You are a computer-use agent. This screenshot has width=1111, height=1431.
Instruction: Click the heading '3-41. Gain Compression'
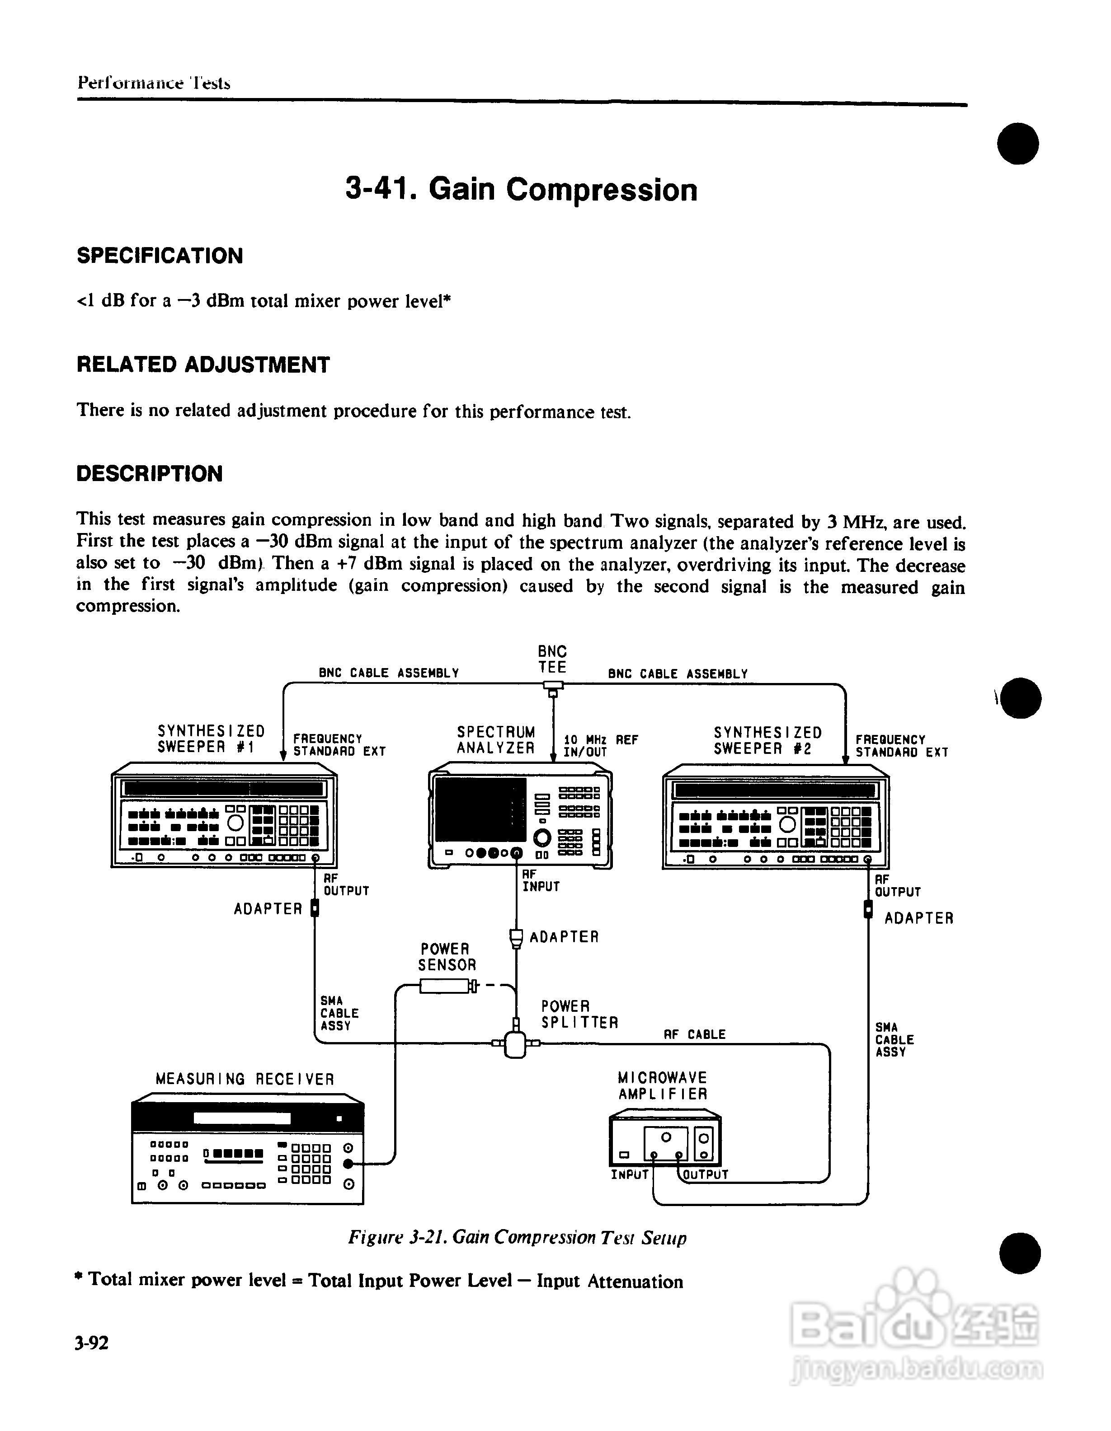521,190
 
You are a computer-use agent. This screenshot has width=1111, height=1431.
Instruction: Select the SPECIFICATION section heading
160,256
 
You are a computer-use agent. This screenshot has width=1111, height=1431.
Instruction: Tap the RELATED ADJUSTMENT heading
203,365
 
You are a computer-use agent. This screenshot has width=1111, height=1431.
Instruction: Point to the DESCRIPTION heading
150,474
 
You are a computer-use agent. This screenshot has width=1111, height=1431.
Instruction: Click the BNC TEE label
552,659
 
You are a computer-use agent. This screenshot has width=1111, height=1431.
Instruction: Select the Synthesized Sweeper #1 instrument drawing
224,816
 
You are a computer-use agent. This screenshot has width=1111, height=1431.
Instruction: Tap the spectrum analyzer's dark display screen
480,810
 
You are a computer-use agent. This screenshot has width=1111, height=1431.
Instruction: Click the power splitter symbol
516,1043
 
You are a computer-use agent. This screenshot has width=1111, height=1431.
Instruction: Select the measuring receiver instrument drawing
247,1150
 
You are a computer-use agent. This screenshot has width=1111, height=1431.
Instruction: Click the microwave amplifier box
664,1139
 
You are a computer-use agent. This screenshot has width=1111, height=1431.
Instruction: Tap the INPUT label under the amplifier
629,1175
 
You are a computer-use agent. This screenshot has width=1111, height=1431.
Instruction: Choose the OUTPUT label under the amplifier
705,1175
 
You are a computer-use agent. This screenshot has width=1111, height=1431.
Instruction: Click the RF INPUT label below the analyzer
540,881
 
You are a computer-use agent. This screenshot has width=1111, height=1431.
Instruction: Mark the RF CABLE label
694,1034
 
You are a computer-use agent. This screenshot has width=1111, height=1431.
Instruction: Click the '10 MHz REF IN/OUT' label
600,746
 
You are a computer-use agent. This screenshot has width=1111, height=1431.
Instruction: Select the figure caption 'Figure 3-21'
517,1238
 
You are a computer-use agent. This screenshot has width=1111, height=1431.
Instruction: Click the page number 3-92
92,1344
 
